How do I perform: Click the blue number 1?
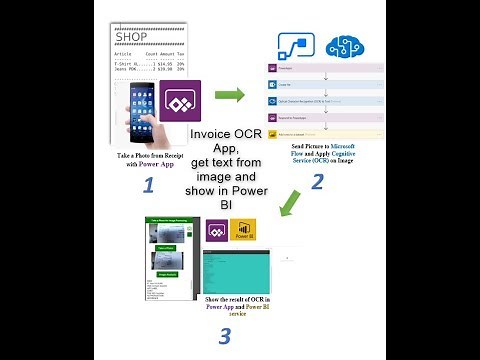click(x=147, y=185)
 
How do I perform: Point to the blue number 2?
click(x=317, y=181)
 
